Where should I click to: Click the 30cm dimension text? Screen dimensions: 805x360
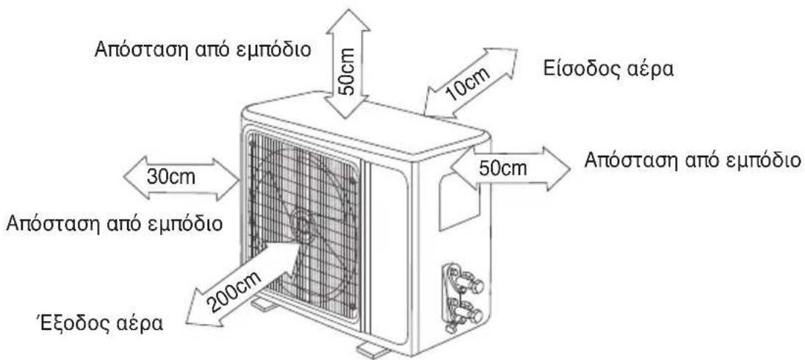[x=171, y=177]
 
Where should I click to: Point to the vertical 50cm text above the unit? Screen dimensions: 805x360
[x=348, y=71]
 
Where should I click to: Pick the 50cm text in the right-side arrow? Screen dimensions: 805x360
[x=502, y=168]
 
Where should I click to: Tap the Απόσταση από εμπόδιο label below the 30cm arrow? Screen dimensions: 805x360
[x=114, y=224]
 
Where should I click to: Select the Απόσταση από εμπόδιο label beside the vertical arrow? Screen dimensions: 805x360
[x=202, y=50]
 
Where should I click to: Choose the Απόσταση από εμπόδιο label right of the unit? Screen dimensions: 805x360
[x=693, y=160]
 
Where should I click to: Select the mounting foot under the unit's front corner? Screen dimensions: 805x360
[x=373, y=350]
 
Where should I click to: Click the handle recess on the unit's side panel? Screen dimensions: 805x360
[x=459, y=201]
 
